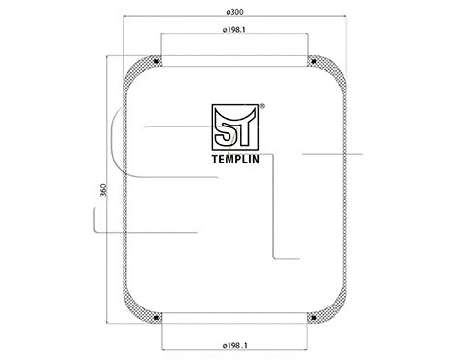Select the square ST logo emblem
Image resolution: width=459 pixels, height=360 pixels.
click(235, 123)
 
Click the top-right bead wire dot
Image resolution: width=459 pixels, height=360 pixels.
click(314, 65)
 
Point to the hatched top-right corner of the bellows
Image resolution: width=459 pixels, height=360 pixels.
click(332, 70)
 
